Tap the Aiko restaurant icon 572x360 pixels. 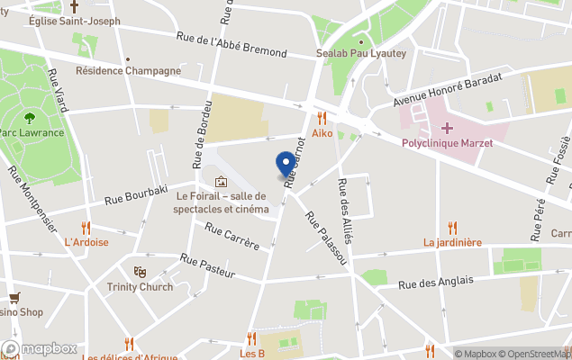point(322,118)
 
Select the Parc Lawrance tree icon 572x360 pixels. point(30,117)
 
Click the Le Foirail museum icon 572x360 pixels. point(221,182)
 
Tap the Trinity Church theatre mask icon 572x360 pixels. point(140,271)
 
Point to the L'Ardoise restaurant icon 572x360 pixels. point(86,228)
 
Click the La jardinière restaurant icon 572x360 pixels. point(453,228)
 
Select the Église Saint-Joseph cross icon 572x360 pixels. point(74,5)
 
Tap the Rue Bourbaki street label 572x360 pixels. point(136,194)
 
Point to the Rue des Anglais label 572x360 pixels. point(436,283)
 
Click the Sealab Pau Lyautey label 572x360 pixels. point(361,53)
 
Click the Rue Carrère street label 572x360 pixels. point(232,238)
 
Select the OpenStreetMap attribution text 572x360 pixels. point(535,354)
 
